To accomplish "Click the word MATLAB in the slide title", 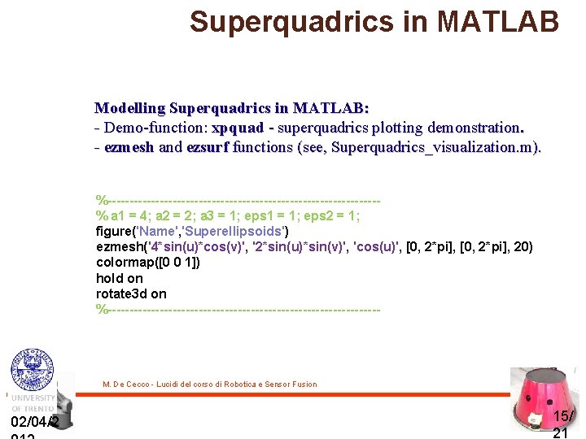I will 498,21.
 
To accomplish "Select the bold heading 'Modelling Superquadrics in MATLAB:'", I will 232,108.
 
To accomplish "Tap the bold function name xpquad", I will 238,128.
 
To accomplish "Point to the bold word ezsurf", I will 208,147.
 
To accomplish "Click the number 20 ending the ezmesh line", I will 518,246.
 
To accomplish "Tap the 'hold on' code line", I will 119,278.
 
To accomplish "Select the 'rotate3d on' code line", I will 131,293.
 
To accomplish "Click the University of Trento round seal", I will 31,370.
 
